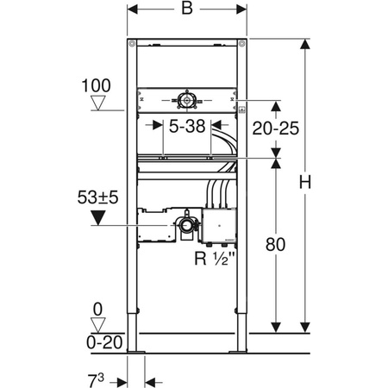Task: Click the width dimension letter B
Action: (x=187, y=13)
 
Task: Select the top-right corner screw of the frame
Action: (x=244, y=44)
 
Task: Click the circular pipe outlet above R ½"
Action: (x=186, y=226)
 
